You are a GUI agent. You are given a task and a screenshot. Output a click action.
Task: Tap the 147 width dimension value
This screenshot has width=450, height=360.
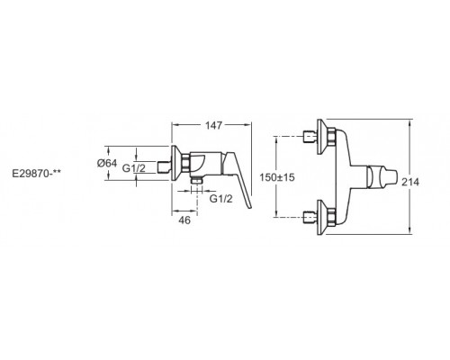(x=214, y=125)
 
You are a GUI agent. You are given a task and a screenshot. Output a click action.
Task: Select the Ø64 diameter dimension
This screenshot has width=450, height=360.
(x=107, y=163)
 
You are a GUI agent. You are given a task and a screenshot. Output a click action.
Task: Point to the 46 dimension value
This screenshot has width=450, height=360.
(x=184, y=220)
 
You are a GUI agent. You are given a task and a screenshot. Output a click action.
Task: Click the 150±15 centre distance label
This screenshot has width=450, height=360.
(x=277, y=177)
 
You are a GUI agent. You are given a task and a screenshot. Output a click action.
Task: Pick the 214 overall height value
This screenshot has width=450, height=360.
(x=410, y=182)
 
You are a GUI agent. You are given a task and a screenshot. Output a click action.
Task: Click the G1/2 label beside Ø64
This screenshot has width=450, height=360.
(x=134, y=168)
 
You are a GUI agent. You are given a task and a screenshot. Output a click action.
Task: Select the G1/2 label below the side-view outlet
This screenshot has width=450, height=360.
(x=220, y=198)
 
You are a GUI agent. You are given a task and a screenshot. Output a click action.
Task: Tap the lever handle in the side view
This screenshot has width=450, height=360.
(x=239, y=180)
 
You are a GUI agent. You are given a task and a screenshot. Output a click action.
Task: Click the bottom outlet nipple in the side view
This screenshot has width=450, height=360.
(x=197, y=180)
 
